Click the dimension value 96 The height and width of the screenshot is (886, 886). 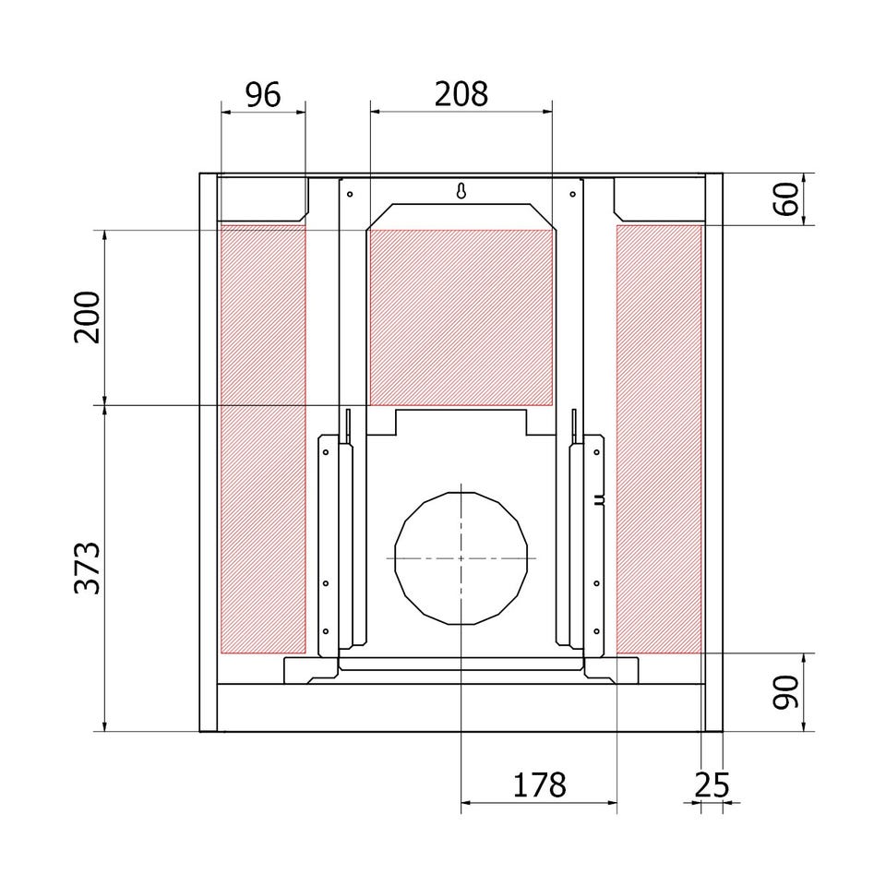tap(263, 95)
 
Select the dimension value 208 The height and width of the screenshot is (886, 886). tap(461, 94)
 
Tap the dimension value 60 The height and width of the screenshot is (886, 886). tap(787, 199)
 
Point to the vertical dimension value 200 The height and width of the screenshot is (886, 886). tap(87, 317)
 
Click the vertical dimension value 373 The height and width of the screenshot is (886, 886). tap(87, 568)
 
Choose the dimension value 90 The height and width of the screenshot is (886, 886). tap(786, 692)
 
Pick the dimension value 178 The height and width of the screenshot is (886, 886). tap(539, 784)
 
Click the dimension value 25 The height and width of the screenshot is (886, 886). tap(712, 784)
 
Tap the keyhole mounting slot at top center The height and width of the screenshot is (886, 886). tap(461, 191)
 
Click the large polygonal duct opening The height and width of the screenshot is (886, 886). tap(461, 558)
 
